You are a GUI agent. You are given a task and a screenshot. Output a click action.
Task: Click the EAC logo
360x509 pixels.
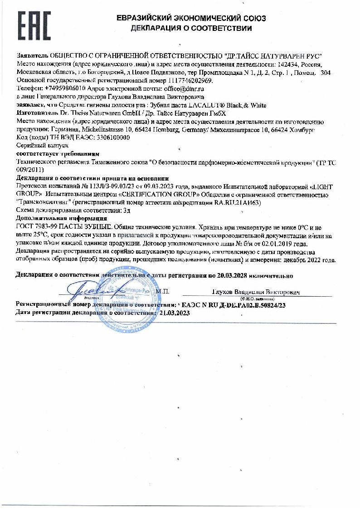pos(34,26)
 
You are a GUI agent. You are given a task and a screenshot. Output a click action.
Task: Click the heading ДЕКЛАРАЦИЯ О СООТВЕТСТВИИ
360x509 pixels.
pos(191,29)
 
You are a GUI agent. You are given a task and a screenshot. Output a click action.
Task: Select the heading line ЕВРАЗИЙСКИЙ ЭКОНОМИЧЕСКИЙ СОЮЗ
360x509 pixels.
pos(191,19)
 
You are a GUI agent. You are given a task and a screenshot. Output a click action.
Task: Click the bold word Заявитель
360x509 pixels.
pos(32,56)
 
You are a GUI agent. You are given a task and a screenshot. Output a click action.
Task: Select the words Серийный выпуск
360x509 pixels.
pos(36,146)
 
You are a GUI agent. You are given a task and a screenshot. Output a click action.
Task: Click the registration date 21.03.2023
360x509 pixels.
pos(175,313)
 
